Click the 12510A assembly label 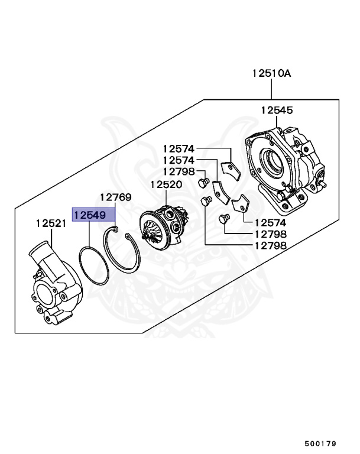pos(271,74)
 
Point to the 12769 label pos(115,197)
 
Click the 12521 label pos(51,223)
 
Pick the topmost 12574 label pos(179,149)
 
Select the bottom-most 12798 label pos(270,245)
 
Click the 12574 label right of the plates pos(270,223)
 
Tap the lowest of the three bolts pos(223,219)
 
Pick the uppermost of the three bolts pos(203,180)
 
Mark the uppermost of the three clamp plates pos(229,171)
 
